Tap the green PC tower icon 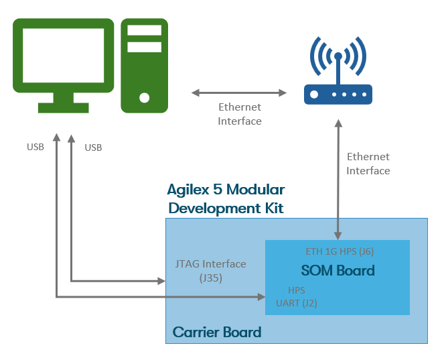click(x=144, y=65)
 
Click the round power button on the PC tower click(x=144, y=98)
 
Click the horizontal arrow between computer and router click(x=238, y=92)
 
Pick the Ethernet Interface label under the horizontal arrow click(x=240, y=114)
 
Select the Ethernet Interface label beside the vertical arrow click(x=368, y=164)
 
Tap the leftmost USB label click(x=35, y=147)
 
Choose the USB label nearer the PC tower click(x=93, y=147)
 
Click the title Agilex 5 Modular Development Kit click(x=226, y=198)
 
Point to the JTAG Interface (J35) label click(x=210, y=270)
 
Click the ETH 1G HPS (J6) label click(x=340, y=252)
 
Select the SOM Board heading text click(x=338, y=271)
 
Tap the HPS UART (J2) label click(x=297, y=297)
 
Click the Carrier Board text click(x=216, y=332)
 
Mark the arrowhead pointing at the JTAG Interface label click(x=161, y=282)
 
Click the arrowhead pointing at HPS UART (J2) click(x=261, y=295)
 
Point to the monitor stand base click(x=63, y=107)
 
